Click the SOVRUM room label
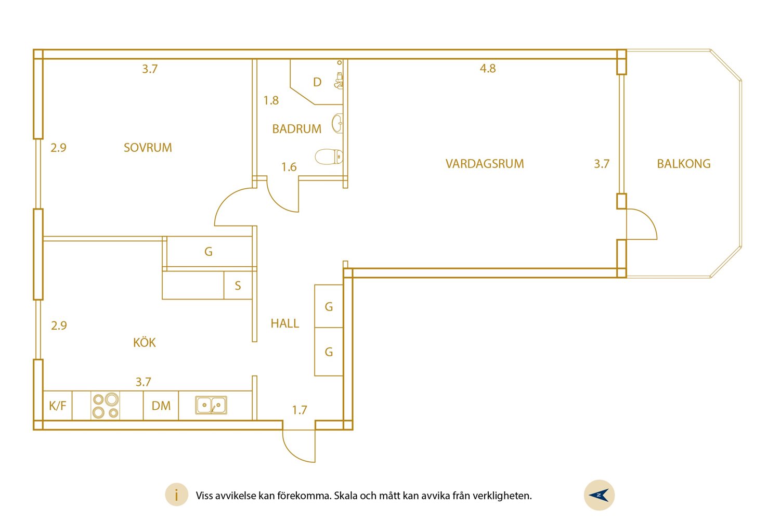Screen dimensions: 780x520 pyautogui.click(x=148, y=148)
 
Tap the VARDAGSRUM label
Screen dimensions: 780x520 pyautogui.click(x=485, y=164)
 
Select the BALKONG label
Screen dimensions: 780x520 pyautogui.click(x=684, y=164)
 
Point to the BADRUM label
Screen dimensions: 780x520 pyautogui.click(x=297, y=129)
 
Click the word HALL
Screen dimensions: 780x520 pyautogui.click(x=285, y=323)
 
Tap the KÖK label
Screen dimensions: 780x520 pyautogui.click(x=144, y=342)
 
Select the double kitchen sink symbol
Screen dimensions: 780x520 pyautogui.click(x=211, y=405)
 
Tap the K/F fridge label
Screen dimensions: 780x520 pyautogui.click(x=57, y=406)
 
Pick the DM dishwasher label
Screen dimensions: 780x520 pyautogui.click(x=161, y=406)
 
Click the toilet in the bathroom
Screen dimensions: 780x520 pyautogui.click(x=329, y=157)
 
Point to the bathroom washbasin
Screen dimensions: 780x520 pyautogui.click(x=337, y=123)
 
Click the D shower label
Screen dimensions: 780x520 pyautogui.click(x=317, y=82)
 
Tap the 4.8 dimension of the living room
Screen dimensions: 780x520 pyautogui.click(x=488, y=68)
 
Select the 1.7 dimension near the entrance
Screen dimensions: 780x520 pyautogui.click(x=300, y=410)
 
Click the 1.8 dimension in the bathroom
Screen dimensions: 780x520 pyautogui.click(x=271, y=100)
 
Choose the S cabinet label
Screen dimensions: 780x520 pyautogui.click(x=238, y=285)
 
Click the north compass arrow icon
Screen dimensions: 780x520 pyautogui.click(x=599, y=495)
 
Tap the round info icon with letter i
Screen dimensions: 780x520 pyautogui.click(x=177, y=495)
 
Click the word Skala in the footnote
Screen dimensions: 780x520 pyautogui.click(x=345, y=495)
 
